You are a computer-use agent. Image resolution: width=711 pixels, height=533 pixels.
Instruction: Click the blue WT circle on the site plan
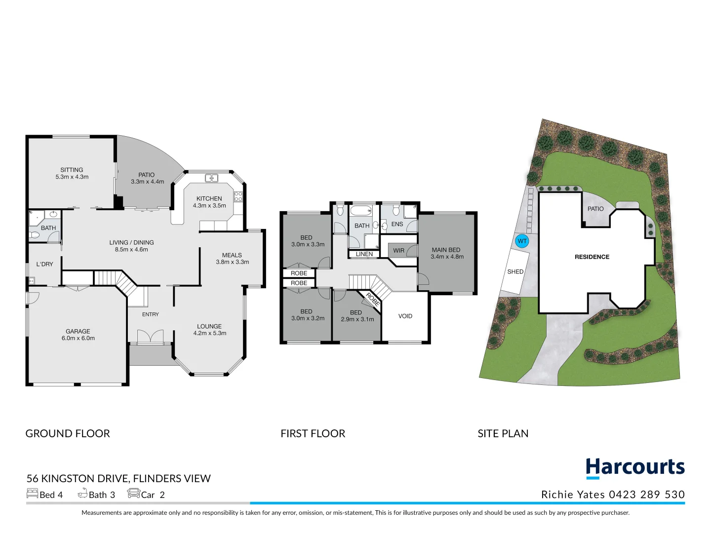522,241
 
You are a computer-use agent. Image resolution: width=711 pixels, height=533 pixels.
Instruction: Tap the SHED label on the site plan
515,271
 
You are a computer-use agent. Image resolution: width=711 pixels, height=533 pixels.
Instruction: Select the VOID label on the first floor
405,316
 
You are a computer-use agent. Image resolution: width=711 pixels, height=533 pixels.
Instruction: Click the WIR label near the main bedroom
398,251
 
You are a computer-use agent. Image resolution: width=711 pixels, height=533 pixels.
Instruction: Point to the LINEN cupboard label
364,254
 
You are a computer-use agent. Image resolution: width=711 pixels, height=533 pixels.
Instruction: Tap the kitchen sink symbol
212,178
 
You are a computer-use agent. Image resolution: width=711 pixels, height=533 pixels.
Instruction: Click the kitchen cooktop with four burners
238,196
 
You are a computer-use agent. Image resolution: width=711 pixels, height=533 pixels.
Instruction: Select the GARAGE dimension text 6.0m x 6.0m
78,339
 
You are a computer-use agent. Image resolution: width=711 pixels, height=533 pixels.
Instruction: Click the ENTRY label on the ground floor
151,314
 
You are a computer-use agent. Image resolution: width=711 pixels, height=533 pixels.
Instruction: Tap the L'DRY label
44,264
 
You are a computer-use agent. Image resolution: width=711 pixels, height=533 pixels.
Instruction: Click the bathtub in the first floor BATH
360,211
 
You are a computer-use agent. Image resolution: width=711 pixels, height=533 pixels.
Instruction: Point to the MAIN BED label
446,250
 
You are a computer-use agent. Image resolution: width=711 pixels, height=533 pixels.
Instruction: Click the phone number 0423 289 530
647,495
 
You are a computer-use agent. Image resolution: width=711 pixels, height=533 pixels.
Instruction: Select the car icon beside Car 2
133,493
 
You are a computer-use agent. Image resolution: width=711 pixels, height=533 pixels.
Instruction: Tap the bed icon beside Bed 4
32,493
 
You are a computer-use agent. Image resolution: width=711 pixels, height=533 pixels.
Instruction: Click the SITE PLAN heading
503,433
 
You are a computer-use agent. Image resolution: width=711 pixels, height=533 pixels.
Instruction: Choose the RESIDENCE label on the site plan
592,257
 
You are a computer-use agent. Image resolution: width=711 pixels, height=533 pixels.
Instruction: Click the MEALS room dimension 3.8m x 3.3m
232,262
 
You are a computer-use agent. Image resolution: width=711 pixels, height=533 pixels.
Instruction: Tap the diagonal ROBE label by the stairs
373,300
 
